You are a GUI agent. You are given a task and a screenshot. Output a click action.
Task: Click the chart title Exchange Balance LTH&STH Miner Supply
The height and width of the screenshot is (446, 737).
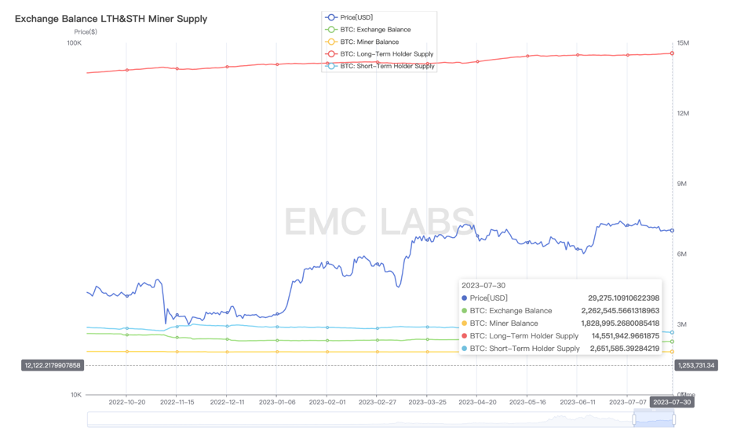point(111,18)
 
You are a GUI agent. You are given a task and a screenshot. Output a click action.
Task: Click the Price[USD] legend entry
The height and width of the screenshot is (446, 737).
point(357,17)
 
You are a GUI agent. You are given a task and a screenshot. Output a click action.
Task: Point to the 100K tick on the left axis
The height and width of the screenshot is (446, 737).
point(74,43)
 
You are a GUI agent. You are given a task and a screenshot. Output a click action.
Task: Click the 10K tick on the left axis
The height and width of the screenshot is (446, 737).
point(75,395)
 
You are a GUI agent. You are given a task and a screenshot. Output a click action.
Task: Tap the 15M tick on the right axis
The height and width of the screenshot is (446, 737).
point(683,43)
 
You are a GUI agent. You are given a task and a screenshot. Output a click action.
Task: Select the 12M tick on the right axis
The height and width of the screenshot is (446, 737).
point(683,114)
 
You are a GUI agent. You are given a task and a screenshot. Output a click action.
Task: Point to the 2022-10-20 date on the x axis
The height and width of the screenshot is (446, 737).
point(127,402)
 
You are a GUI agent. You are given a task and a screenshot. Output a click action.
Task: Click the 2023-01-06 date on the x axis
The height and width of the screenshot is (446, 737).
point(277,402)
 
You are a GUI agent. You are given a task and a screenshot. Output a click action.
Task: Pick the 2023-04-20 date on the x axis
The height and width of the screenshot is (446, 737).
point(477,402)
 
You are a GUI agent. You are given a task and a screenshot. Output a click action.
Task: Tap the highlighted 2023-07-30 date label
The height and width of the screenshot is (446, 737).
point(672,402)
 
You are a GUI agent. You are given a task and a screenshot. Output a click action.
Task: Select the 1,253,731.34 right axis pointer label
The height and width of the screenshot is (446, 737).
point(695,365)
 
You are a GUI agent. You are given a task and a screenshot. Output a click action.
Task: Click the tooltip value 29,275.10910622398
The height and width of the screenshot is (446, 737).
point(623,298)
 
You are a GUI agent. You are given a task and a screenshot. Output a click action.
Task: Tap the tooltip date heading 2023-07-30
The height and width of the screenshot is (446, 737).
point(483,286)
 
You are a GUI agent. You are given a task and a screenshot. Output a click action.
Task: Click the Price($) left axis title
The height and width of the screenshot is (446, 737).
point(86,32)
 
